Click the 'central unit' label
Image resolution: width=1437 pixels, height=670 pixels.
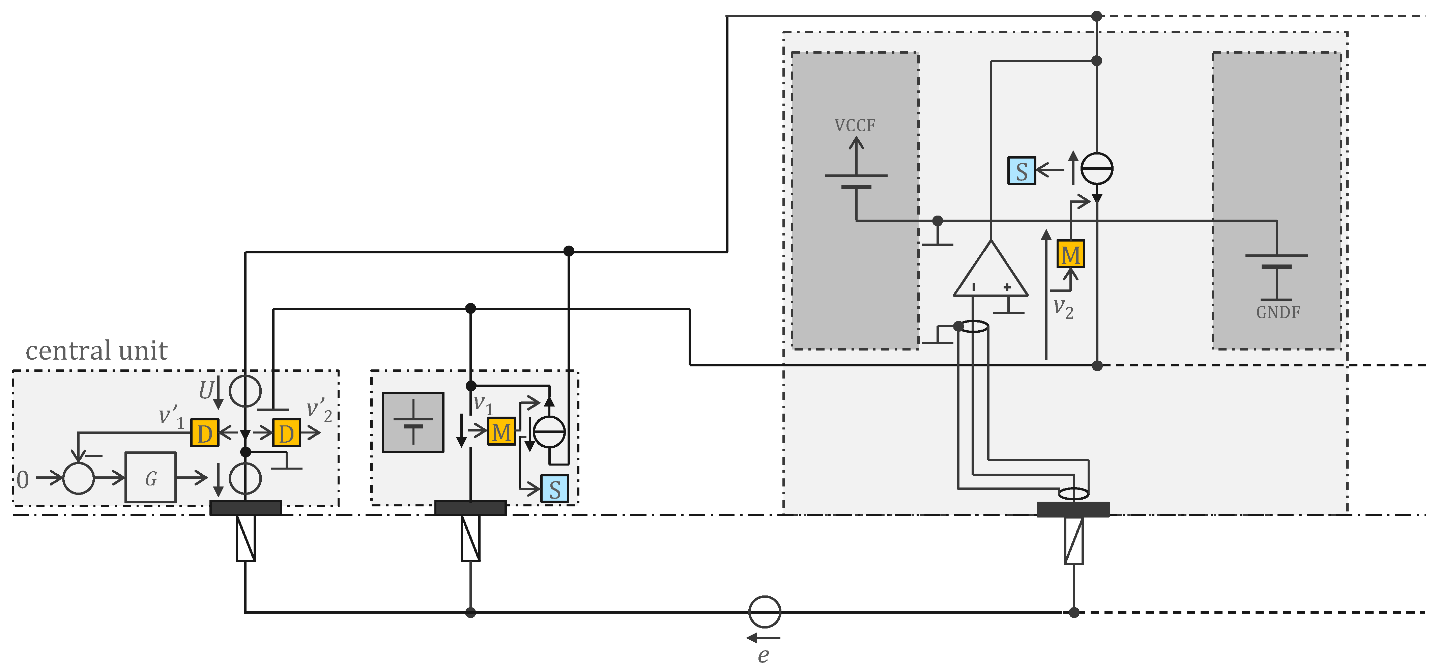[x=96, y=351]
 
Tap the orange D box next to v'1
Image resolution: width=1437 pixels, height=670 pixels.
[x=205, y=433]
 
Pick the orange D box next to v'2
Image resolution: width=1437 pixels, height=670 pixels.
[x=286, y=433]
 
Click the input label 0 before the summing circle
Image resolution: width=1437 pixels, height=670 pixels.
[x=22, y=479]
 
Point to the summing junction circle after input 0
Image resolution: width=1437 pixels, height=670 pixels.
[x=79, y=478]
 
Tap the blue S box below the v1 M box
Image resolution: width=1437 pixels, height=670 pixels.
[x=554, y=489]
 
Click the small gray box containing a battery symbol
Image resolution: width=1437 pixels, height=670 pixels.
[x=413, y=422]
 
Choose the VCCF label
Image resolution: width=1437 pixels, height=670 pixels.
[x=855, y=125]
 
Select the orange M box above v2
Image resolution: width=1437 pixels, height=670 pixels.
[x=1070, y=254]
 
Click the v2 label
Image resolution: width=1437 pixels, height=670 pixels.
[x=1063, y=308]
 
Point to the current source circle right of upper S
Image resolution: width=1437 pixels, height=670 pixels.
[x=1097, y=168]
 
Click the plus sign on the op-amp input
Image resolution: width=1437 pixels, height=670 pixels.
[x=1007, y=287]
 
